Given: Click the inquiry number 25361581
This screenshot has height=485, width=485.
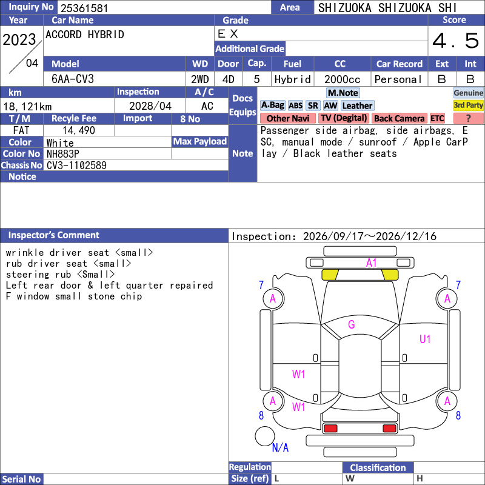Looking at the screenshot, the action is click(x=84, y=8).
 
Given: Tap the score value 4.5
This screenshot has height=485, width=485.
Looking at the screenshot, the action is click(x=455, y=41).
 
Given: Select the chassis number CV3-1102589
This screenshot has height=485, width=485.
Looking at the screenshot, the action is click(x=76, y=166).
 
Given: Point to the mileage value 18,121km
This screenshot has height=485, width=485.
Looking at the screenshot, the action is click(x=27, y=107).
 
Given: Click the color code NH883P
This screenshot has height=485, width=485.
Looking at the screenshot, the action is click(x=63, y=154).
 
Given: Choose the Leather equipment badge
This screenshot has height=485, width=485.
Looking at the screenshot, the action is click(x=357, y=105).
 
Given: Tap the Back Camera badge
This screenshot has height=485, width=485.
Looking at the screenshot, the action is click(x=399, y=118).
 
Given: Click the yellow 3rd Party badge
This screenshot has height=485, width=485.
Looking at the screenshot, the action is click(x=468, y=105).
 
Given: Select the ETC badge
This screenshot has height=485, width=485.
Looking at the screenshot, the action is click(x=437, y=118).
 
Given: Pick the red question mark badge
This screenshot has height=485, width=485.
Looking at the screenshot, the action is click(x=468, y=118).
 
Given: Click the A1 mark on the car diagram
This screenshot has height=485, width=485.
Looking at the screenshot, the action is click(x=371, y=263).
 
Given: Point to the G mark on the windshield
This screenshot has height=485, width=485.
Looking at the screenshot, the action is click(x=352, y=324).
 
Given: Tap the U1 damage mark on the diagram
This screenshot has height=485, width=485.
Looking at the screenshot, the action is click(x=425, y=339).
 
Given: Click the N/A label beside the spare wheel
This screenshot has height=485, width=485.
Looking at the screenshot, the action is click(x=280, y=447).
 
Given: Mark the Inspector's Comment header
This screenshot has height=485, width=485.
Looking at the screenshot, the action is click(x=54, y=235).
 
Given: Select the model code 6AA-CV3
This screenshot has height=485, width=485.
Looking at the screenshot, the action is click(x=73, y=79).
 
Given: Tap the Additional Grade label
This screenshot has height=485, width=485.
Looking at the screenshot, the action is click(x=250, y=49).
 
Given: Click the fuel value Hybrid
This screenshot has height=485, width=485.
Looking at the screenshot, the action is click(x=292, y=79).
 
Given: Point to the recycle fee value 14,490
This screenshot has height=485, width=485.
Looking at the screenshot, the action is click(x=79, y=130).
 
